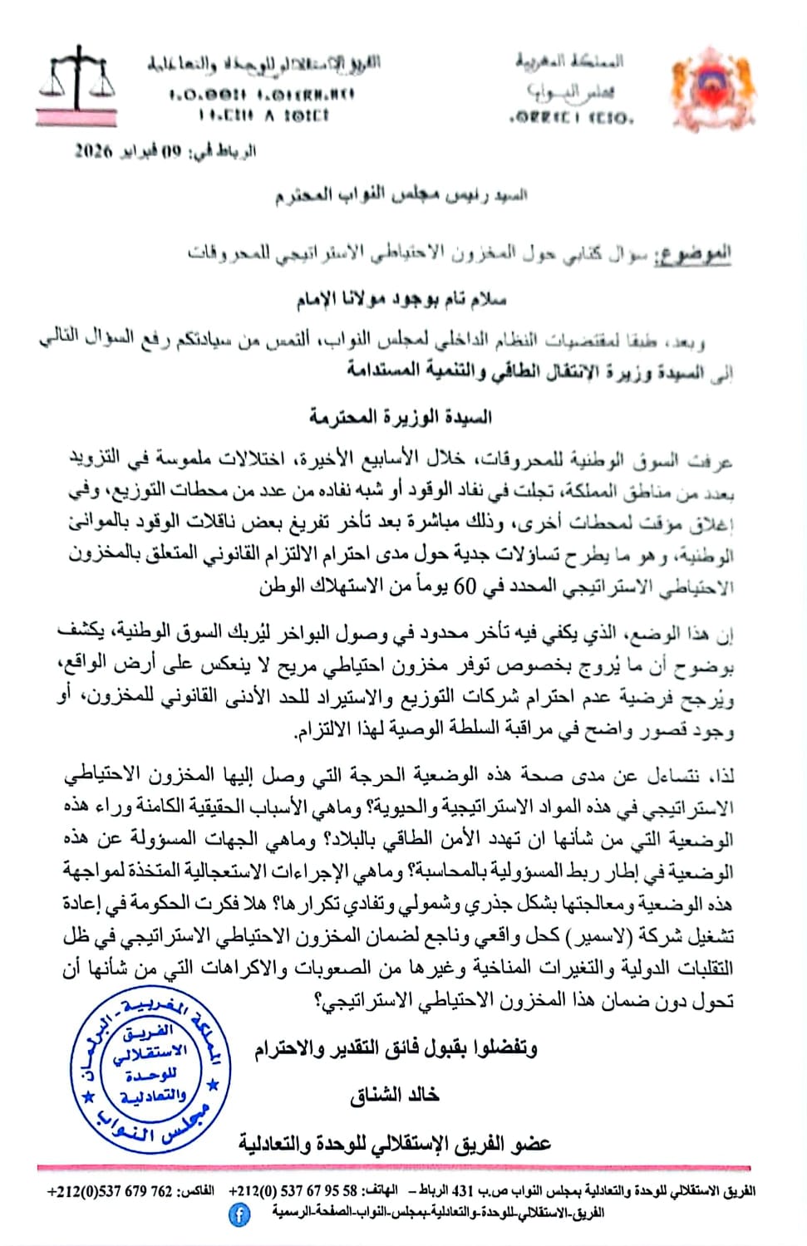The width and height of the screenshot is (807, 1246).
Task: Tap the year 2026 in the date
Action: pyautogui.click(x=92, y=151)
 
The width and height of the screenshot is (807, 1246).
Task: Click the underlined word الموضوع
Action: pyautogui.click(x=692, y=253)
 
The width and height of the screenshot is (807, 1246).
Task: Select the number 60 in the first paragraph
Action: pyautogui.click(x=465, y=586)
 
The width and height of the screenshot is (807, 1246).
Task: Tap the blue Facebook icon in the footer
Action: pyautogui.click(x=239, y=1215)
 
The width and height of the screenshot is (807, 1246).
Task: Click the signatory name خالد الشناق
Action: pyautogui.click(x=394, y=1095)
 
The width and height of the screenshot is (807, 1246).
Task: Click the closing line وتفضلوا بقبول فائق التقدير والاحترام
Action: pyautogui.click(x=396, y=1049)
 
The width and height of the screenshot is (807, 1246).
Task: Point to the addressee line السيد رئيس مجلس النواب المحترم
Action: pyautogui.click(x=401, y=196)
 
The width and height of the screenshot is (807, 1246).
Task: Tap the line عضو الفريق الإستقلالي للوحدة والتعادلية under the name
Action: pyautogui.click(x=395, y=1144)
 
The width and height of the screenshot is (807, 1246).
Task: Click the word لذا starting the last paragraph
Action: pyautogui.click(x=722, y=776)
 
